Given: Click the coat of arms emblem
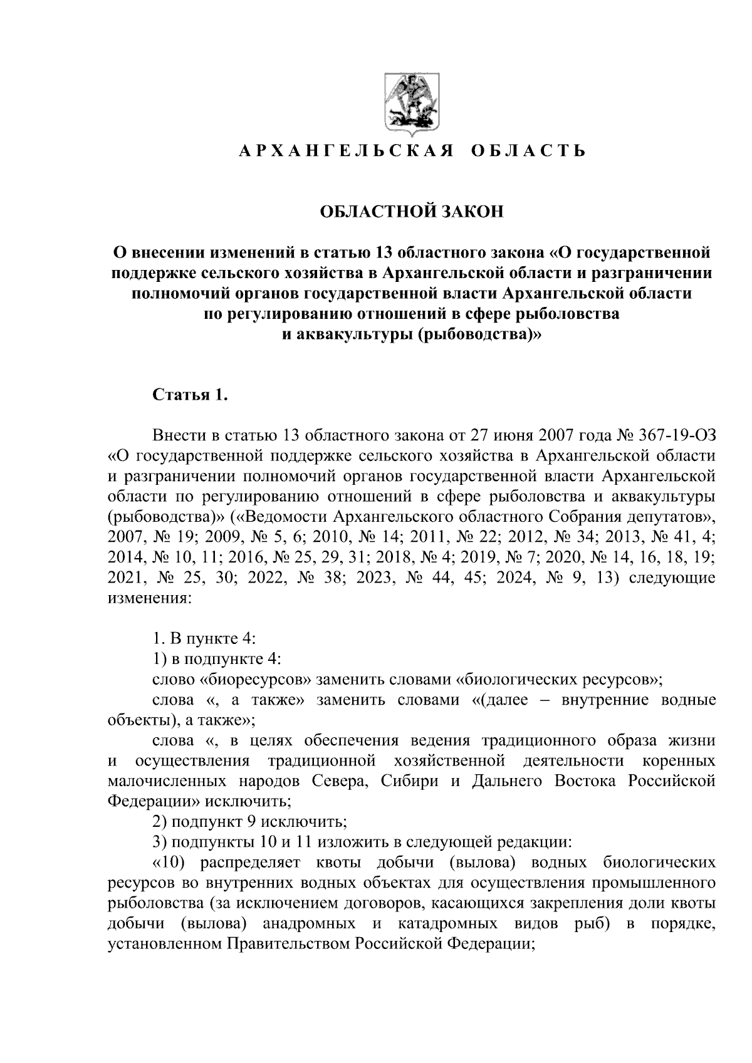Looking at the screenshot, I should click(412, 106).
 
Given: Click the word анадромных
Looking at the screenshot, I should click(309, 924).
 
